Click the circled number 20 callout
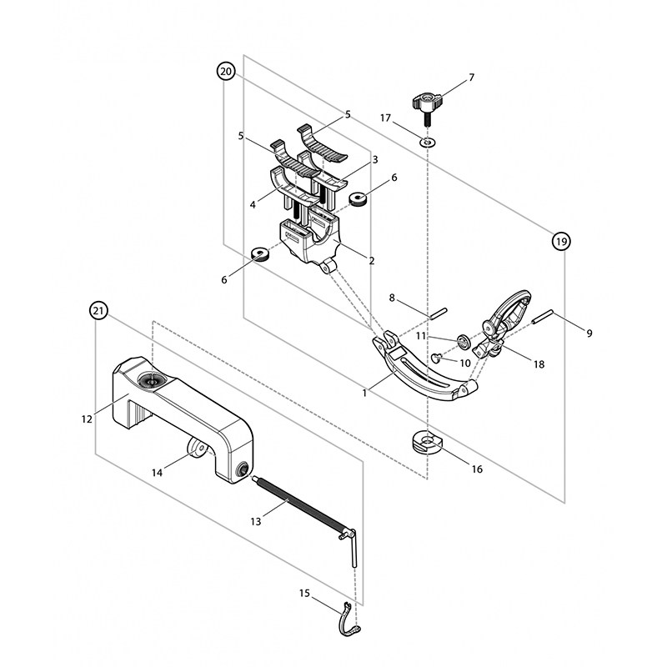226,72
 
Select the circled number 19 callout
561,242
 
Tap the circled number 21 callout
98,311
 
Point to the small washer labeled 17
428,142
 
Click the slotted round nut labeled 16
427,443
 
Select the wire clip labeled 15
349,619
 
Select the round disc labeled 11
464,341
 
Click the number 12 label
87,419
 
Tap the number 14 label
158,473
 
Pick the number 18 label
539,364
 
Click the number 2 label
372,261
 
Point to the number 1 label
364,394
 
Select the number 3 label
374,159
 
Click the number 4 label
253,204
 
